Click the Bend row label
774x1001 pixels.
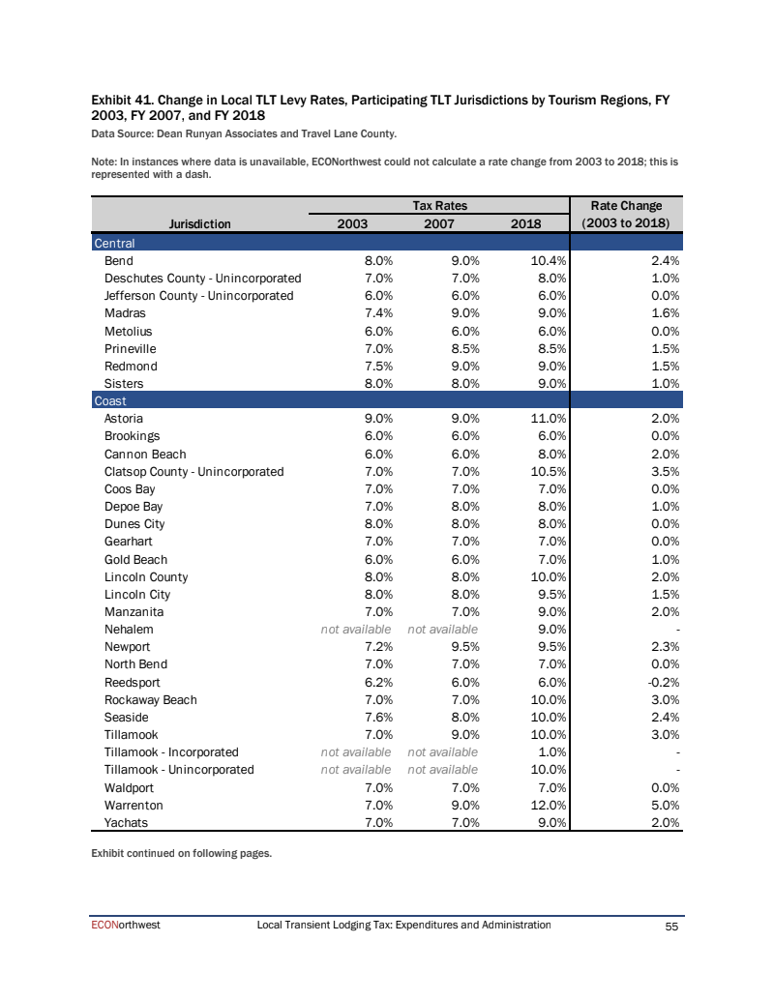point(118,260)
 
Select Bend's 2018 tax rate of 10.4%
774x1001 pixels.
point(548,260)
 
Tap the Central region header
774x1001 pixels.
point(114,243)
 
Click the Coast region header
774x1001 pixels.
point(110,400)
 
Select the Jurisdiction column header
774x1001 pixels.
point(200,223)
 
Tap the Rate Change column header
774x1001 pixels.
point(627,215)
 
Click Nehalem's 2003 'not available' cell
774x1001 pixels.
point(356,629)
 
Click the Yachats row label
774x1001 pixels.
point(127,823)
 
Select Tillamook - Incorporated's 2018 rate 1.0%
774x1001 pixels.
point(551,751)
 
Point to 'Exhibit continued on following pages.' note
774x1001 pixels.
point(181,853)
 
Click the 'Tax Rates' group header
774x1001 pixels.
point(440,205)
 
